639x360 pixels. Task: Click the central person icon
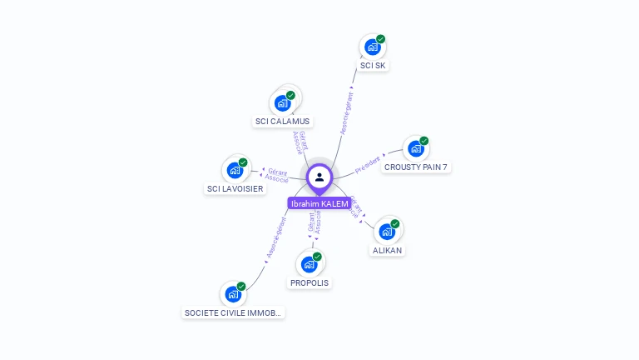point(319,177)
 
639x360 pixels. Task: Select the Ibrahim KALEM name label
point(319,204)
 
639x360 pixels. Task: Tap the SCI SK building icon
point(372,47)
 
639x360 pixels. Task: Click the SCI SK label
point(374,65)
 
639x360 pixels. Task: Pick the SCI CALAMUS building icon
point(281,103)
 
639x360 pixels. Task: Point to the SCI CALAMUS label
point(282,121)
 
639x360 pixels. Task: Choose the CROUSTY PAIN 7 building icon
point(415,149)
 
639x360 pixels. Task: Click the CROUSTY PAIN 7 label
point(416,167)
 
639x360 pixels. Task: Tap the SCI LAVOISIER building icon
point(235,171)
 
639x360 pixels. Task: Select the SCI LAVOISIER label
point(235,188)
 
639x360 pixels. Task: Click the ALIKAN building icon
point(387,232)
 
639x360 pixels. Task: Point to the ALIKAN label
point(388,250)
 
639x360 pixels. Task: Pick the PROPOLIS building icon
point(309,265)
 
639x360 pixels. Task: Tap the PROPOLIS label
point(310,282)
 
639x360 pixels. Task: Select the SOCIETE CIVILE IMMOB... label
point(234,312)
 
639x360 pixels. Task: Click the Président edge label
point(368,164)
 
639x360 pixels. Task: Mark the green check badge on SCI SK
point(380,39)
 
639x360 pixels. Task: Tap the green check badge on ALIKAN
point(395,223)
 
